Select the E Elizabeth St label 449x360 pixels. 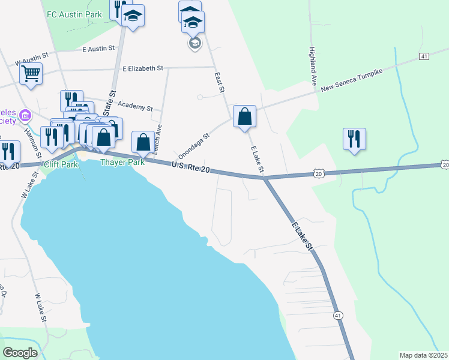pyautogui.click(x=142, y=68)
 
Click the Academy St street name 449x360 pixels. pyautogui.click(x=135, y=106)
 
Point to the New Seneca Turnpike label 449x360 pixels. pyautogui.click(x=351, y=80)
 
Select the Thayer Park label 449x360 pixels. pyautogui.click(x=122, y=162)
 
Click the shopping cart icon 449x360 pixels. pyautogui.click(x=30, y=74)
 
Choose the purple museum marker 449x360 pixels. pyautogui.click(x=25, y=115)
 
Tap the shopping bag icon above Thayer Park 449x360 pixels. pyautogui.click(x=143, y=143)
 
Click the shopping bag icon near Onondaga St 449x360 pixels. pyautogui.click(x=245, y=116)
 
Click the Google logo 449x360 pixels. pyautogui.click(x=20, y=353)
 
